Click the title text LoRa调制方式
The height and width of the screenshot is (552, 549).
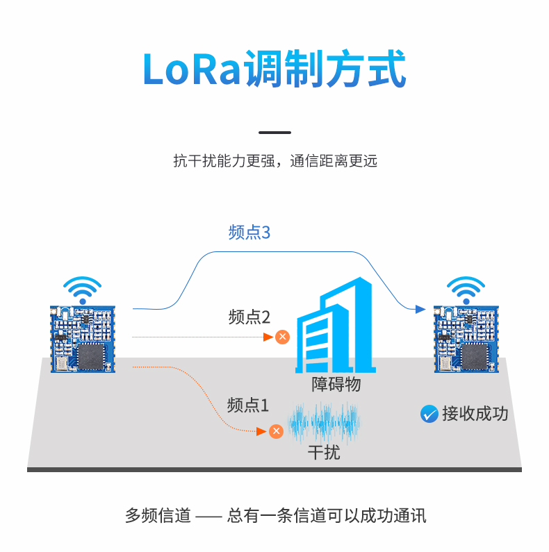(274, 68)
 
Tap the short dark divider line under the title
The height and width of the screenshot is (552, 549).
(275, 133)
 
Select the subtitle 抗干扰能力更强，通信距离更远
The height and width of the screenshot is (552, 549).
(275, 161)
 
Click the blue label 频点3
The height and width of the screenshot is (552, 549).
(249, 233)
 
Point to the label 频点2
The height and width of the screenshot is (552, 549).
(249, 317)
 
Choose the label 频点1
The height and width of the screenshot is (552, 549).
(248, 405)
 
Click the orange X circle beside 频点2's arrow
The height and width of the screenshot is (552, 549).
(282, 337)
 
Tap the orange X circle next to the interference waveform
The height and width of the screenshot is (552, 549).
(276, 431)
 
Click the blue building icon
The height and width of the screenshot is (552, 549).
(335, 325)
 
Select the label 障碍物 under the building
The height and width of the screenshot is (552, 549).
(336, 384)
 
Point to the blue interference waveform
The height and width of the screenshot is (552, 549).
(324, 422)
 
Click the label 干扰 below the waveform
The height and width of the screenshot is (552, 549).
(324, 453)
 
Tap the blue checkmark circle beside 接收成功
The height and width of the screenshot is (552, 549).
(429, 414)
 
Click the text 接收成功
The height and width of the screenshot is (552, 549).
(475, 414)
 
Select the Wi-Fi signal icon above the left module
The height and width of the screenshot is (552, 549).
(83, 290)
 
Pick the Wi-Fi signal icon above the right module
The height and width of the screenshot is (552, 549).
(466, 290)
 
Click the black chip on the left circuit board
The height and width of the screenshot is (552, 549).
(91, 356)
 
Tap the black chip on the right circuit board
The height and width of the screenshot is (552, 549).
(475, 356)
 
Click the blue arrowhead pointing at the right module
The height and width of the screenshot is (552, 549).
(420, 309)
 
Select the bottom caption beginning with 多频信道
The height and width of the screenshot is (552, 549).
(276, 516)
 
